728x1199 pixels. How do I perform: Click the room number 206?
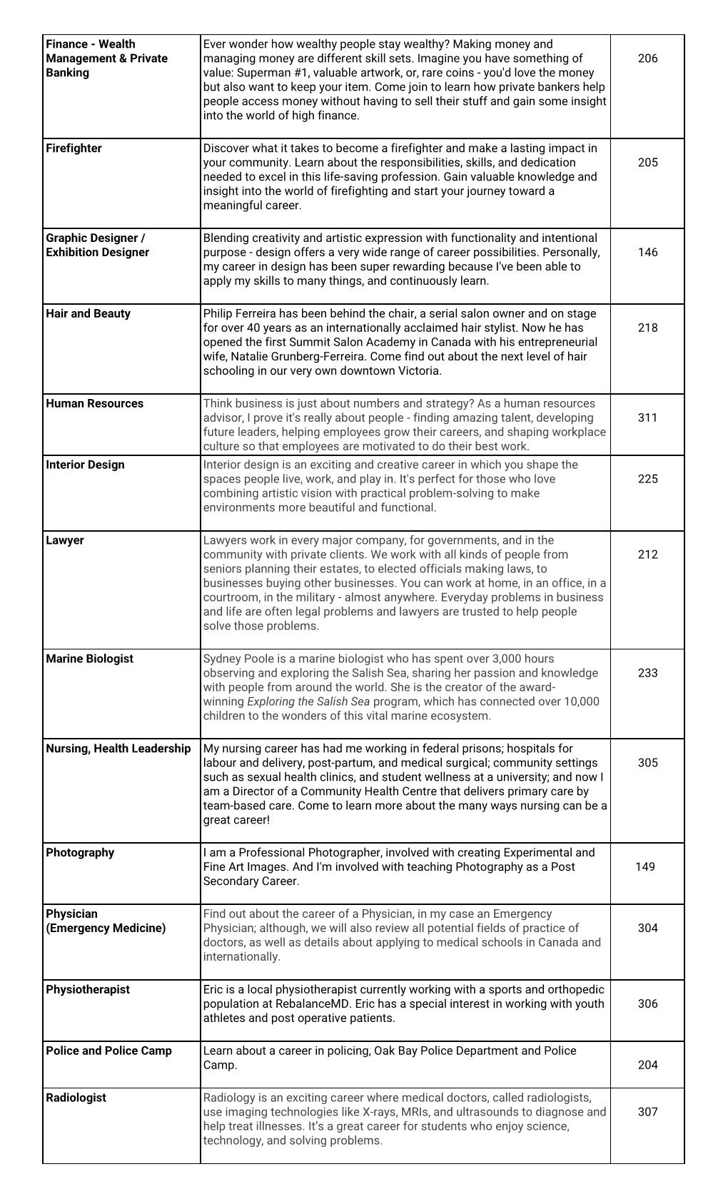pyautogui.click(x=647, y=59)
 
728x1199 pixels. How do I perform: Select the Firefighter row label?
pyautogui.click(x=74, y=148)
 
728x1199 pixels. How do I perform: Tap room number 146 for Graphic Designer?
pyautogui.click(x=647, y=253)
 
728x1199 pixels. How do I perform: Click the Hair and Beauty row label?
pyautogui.click(x=88, y=314)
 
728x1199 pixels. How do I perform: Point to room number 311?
pyautogui.click(x=647, y=418)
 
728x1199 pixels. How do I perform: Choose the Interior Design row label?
pyautogui.click(x=85, y=465)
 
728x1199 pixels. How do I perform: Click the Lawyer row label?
pyautogui.click(x=64, y=541)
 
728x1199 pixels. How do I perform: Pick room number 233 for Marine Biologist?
pyautogui.click(x=647, y=674)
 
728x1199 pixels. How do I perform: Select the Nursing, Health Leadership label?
pyautogui.click(x=118, y=749)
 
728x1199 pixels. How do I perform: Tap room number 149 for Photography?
pyautogui.click(x=644, y=867)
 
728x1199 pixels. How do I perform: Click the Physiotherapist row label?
pyautogui.click(x=88, y=990)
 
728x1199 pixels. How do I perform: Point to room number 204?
pyautogui.click(x=647, y=1066)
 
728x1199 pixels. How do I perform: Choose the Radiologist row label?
pyautogui.click(x=76, y=1098)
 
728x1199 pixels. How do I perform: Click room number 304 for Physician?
pyautogui.click(x=647, y=929)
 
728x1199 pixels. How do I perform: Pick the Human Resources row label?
pyautogui.click(x=94, y=404)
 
